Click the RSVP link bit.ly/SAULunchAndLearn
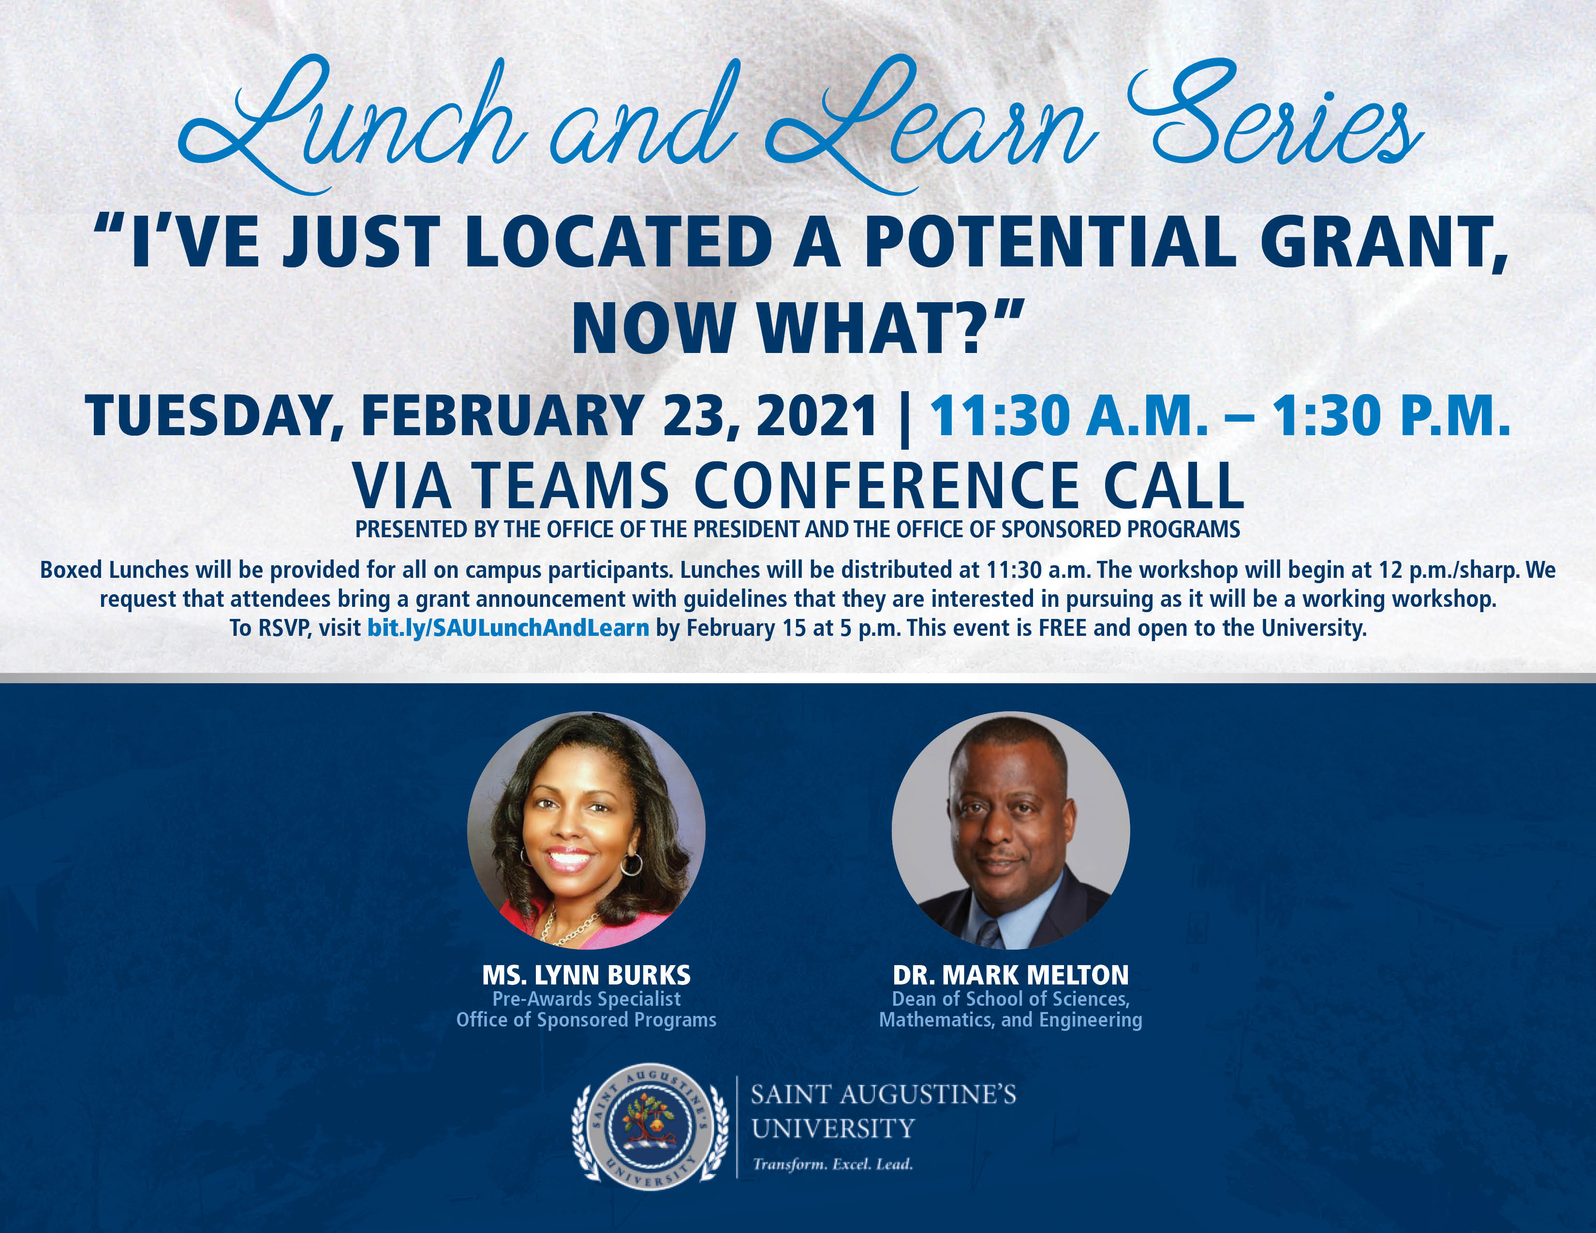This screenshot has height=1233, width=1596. coord(508,628)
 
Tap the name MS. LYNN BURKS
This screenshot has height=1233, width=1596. coord(586,975)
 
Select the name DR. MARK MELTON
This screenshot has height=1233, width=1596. coord(1011,975)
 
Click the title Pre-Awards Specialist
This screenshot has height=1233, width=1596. coord(586,998)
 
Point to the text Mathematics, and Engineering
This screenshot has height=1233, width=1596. coord(1011,1020)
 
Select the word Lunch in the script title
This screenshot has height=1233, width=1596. coord(351,124)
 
